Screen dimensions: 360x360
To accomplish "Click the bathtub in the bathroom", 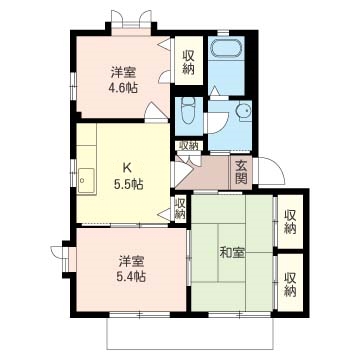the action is [226, 49].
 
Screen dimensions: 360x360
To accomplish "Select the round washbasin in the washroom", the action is [243, 110].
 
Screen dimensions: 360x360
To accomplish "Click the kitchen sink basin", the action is [86, 181].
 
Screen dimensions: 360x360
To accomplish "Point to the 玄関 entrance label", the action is [241, 172].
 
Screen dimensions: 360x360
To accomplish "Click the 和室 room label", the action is [232, 253].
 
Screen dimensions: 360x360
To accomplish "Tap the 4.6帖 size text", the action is [123, 88].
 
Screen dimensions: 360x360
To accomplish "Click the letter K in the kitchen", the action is [127, 168].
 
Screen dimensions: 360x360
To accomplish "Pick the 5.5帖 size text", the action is [129, 184].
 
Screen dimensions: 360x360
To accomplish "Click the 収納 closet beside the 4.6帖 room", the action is [189, 60].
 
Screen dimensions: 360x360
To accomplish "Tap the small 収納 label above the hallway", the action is [189, 145].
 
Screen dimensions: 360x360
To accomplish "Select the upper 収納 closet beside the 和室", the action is [290, 222].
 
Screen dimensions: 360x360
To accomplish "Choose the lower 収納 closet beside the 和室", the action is [290, 284].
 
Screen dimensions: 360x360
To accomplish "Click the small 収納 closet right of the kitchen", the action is [180, 208].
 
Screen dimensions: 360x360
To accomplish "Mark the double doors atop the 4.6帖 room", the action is [131, 19].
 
